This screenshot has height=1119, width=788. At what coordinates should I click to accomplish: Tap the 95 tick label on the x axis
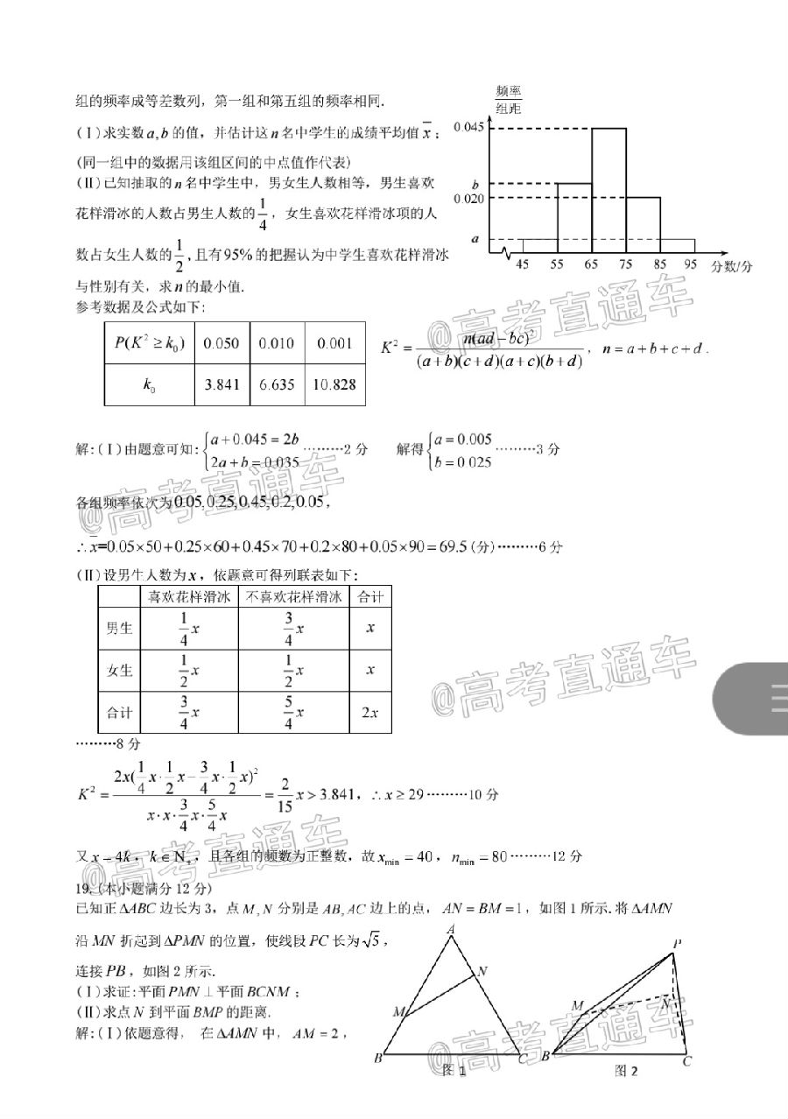pyautogui.click(x=693, y=264)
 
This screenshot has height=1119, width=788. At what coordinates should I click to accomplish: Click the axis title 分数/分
pyautogui.click(x=731, y=265)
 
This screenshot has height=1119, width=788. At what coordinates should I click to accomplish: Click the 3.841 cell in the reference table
pyautogui.click(x=221, y=384)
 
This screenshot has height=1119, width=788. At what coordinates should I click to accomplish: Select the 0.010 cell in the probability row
pyautogui.click(x=277, y=343)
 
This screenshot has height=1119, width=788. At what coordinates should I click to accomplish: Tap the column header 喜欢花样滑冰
pyautogui.click(x=189, y=597)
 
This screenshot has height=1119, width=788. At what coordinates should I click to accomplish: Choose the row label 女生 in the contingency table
pyautogui.click(x=119, y=671)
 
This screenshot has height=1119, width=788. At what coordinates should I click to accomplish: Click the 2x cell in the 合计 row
pyautogui.click(x=369, y=713)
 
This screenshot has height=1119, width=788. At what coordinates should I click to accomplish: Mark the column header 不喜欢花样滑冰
pyautogui.click(x=294, y=597)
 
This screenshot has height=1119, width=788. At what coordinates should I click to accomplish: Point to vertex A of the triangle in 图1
pyautogui.click(x=450, y=930)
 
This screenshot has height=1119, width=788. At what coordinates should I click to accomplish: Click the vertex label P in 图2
pyautogui.click(x=677, y=943)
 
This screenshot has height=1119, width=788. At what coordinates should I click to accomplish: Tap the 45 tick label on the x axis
pyautogui.click(x=522, y=264)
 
